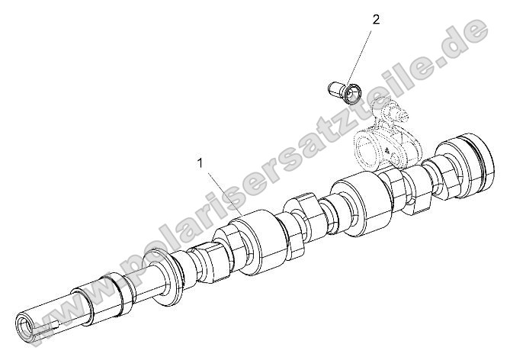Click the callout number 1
coord(200,162)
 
